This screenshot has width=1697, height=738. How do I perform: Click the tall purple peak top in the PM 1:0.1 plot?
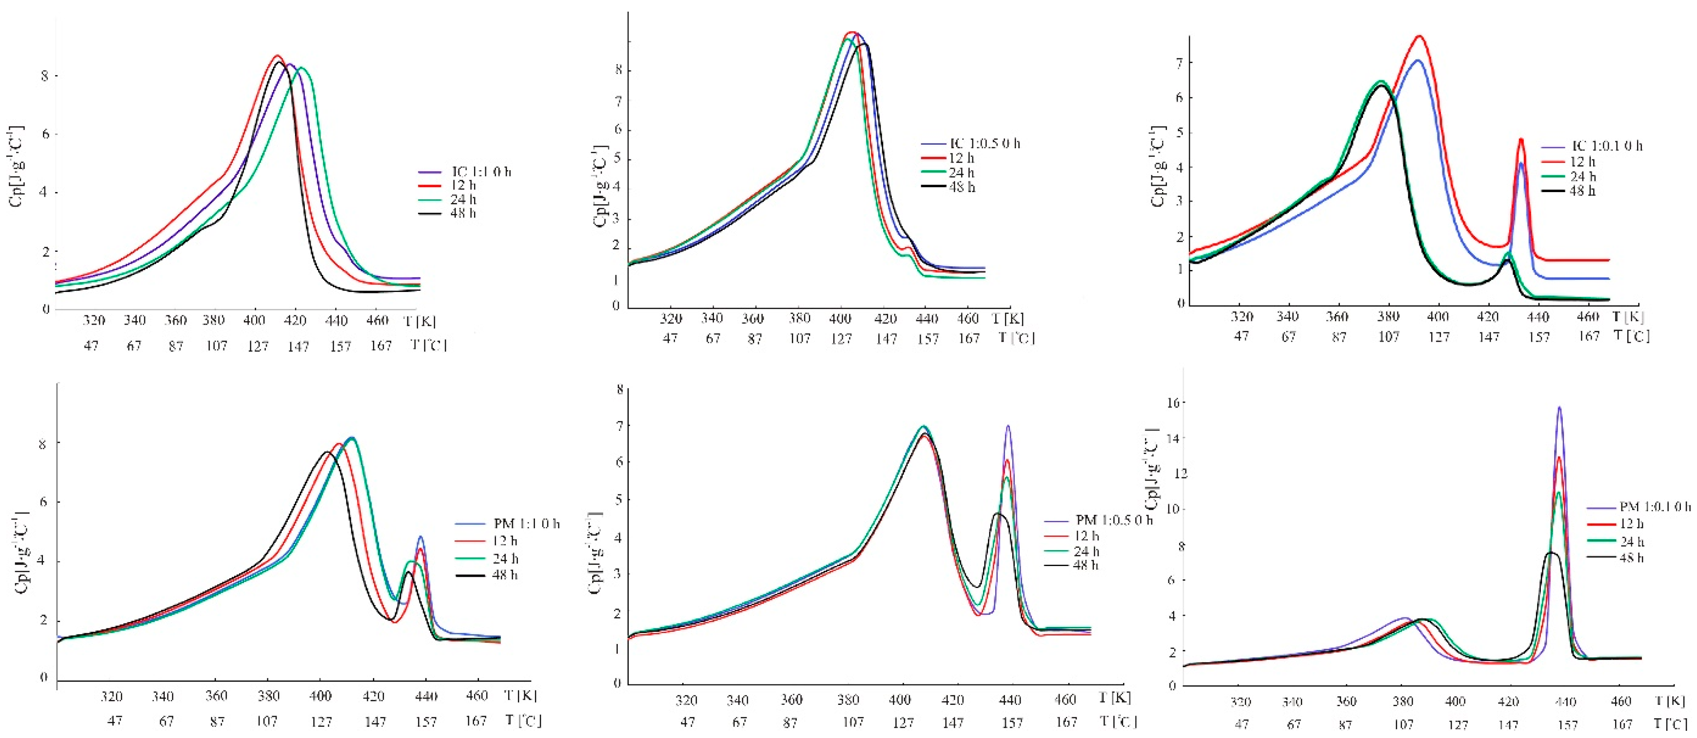coord(1559,408)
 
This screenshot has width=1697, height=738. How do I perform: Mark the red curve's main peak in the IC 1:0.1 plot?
coord(1419,37)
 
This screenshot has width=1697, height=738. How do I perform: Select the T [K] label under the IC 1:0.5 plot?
coord(1008,319)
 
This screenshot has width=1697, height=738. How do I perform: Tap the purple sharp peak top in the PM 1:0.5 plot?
coord(1008,426)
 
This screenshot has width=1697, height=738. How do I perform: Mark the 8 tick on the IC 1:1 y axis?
coord(45,76)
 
